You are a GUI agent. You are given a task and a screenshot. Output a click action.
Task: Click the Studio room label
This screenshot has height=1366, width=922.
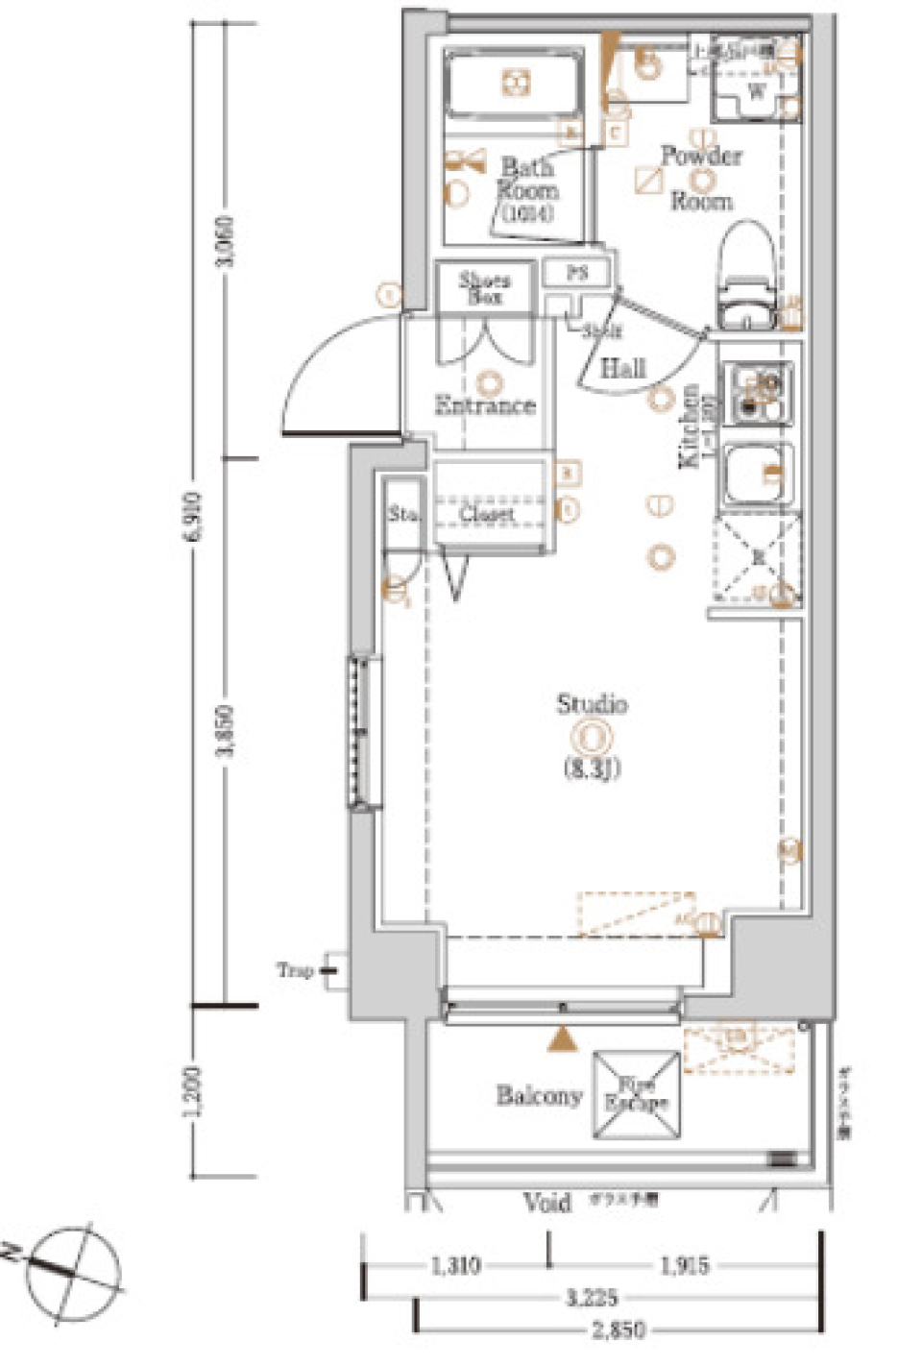click(592, 704)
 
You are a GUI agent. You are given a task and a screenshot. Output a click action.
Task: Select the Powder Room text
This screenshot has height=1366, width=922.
click(701, 178)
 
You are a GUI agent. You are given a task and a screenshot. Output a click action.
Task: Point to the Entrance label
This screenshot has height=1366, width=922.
click(485, 405)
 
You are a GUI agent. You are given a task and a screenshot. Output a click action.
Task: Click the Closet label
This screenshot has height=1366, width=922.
click(486, 514)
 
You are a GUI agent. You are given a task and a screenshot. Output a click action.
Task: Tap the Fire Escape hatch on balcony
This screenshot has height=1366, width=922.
click(636, 1095)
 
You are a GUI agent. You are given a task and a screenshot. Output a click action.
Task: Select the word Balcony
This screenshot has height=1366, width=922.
click(539, 1095)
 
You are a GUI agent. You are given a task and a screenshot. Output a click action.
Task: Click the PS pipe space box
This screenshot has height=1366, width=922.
click(576, 273)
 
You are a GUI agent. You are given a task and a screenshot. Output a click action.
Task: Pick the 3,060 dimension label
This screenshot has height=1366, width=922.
click(227, 241)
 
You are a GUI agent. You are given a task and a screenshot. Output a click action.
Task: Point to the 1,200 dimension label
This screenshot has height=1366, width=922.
click(194, 1091)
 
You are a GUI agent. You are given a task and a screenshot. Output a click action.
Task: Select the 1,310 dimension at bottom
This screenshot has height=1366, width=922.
click(454, 1266)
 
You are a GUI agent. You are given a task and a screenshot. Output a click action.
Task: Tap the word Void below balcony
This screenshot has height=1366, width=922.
click(546, 1203)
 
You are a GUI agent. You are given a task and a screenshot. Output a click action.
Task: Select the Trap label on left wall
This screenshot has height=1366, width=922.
click(296, 970)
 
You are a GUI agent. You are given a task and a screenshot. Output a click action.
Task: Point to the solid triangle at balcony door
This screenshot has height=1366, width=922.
click(563, 1038)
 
